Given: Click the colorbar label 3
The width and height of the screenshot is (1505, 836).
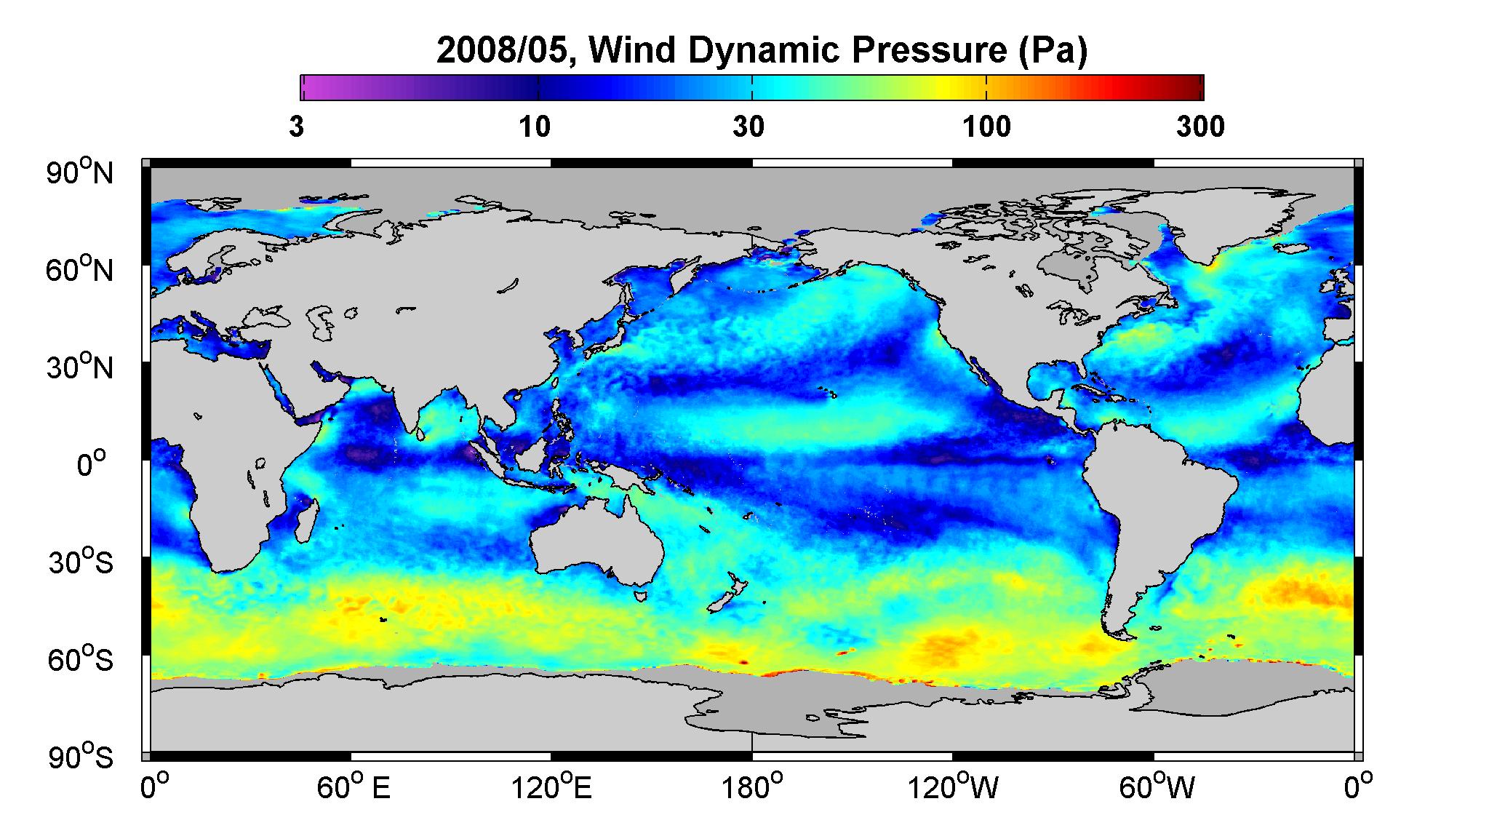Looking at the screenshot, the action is pyautogui.click(x=296, y=127).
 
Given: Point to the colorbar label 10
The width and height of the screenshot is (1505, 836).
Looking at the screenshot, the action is pyautogui.click(x=535, y=127).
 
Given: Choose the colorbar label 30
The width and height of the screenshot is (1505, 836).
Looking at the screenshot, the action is pyautogui.click(x=749, y=127).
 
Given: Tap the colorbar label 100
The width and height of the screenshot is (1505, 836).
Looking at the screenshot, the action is pyautogui.click(x=986, y=127).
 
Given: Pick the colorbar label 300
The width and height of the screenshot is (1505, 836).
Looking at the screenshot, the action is pyautogui.click(x=1200, y=127).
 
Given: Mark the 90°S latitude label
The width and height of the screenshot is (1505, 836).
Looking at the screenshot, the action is pyautogui.click(x=81, y=757).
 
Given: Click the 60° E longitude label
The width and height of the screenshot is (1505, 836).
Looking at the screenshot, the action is pyautogui.click(x=354, y=787).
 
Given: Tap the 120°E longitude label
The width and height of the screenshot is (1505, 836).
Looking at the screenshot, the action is pyautogui.click(x=551, y=787).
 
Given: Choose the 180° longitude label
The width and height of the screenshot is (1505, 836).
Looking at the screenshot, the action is pyautogui.click(x=751, y=787).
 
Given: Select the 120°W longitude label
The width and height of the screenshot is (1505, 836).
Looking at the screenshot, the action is pyautogui.click(x=953, y=787).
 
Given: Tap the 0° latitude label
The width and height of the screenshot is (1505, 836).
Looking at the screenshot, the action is pyautogui.click(x=91, y=464).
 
